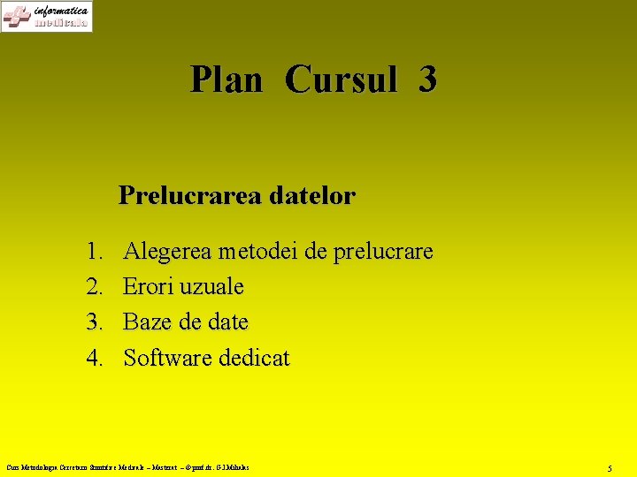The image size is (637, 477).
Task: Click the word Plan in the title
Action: point(226,79)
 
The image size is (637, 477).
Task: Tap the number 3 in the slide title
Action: point(427,79)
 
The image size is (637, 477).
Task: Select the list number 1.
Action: point(96,252)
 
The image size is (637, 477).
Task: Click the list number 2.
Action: point(96,287)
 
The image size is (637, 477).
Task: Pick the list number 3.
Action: point(96,322)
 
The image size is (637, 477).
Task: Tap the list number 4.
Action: point(96,358)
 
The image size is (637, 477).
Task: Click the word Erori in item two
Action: point(147,287)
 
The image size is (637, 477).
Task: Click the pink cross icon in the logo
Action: point(16,17)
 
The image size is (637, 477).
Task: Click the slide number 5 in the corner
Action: point(610,467)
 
